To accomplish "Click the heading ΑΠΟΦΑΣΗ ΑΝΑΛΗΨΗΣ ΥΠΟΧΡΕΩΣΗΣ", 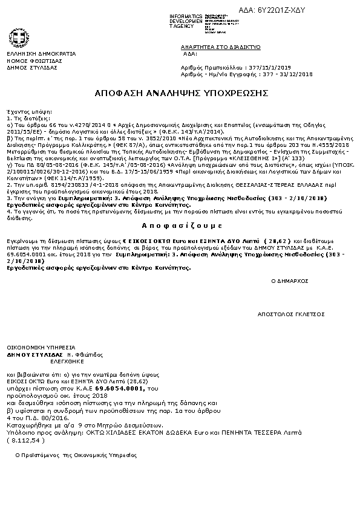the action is (182, 94).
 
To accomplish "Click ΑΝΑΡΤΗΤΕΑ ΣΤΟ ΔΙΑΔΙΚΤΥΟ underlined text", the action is (220, 47).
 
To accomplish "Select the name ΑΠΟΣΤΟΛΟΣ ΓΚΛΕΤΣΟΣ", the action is (291, 314).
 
